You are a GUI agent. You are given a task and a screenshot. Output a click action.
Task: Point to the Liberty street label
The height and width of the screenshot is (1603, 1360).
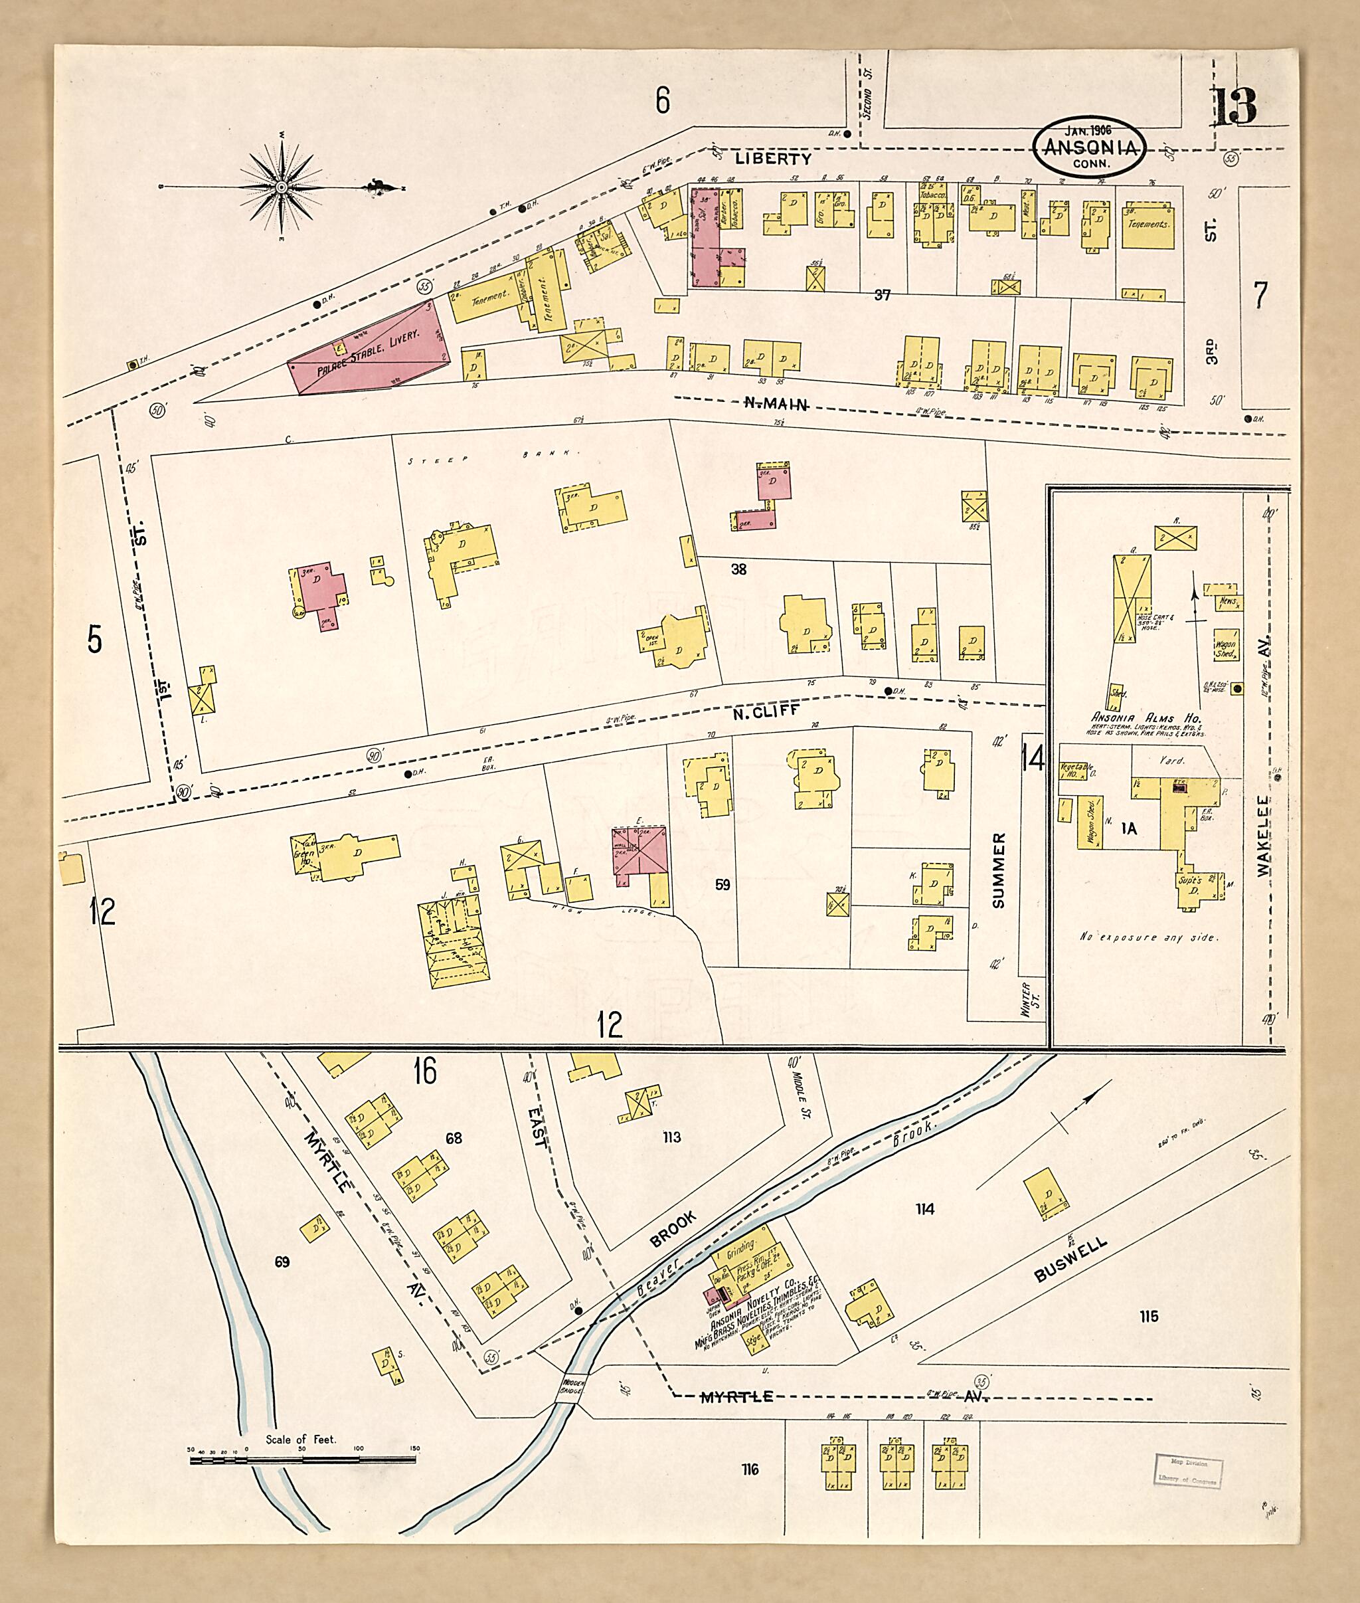(x=772, y=159)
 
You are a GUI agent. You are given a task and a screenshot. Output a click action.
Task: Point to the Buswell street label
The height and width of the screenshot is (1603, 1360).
(x=1071, y=1260)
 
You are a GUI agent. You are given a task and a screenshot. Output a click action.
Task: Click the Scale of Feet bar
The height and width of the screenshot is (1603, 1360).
(x=302, y=1460)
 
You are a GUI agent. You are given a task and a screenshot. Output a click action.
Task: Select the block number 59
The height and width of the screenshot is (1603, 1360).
(x=722, y=885)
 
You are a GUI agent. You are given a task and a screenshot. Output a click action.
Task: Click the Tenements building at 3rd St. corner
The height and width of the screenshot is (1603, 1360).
(x=1148, y=225)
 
